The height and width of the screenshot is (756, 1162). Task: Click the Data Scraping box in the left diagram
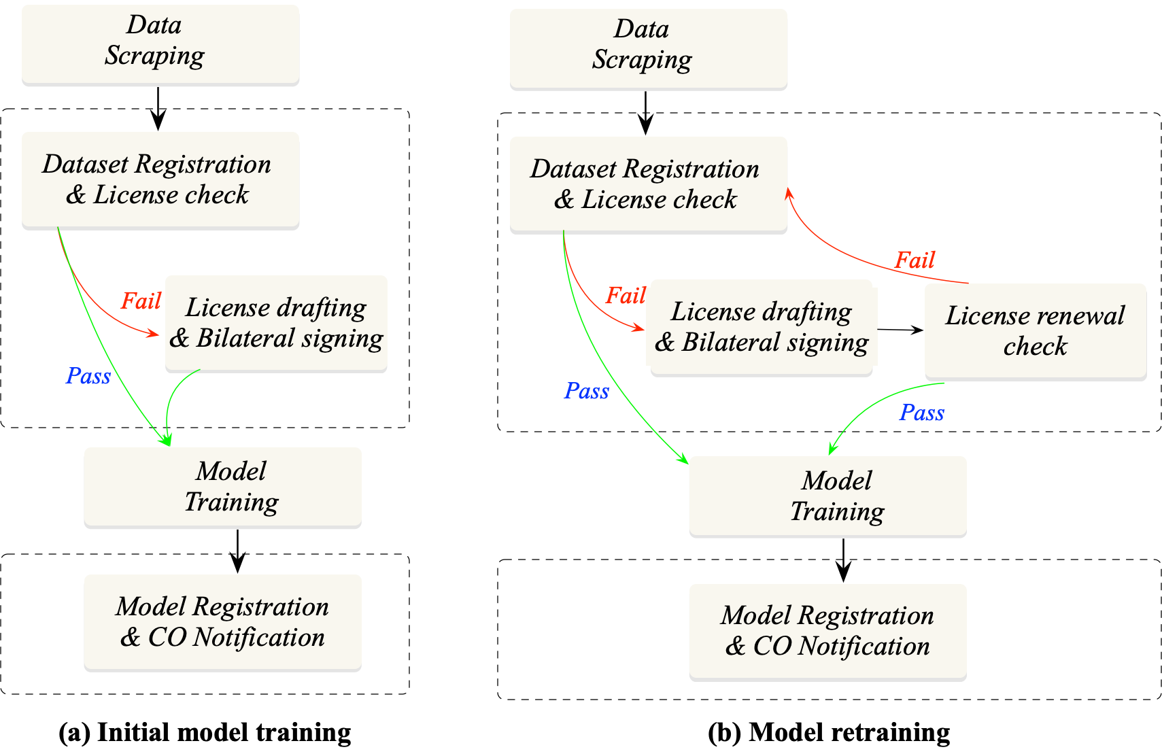pos(160,44)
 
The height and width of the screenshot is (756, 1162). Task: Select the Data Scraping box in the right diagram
pos(648,48)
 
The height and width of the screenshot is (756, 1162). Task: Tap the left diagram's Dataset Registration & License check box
pos(160,179)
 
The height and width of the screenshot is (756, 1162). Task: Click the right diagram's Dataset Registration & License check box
pos(648,184)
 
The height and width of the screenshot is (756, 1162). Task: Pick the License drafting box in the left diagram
pos(276,322)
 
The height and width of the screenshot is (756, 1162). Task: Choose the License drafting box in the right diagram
pos(762,326)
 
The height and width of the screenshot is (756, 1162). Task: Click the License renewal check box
pos(1035,330)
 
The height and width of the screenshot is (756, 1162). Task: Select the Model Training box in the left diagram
pos(222,486)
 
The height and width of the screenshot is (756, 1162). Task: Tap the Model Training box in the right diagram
pos(827,496)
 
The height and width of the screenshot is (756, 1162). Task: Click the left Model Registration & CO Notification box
pos(222,621)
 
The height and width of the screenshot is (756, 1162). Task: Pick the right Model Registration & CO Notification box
pos(827,630)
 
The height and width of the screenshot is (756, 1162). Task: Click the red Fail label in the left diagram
pos(141,300)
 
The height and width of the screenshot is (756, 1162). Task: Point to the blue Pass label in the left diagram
pos(88,376)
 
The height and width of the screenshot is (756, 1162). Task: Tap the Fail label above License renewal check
pos(915,260)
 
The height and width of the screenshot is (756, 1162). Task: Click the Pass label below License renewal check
pos(921,413)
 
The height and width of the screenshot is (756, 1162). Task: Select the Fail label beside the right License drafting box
pos(625,295)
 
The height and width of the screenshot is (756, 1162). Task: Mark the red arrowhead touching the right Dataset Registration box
pos(789,193)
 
